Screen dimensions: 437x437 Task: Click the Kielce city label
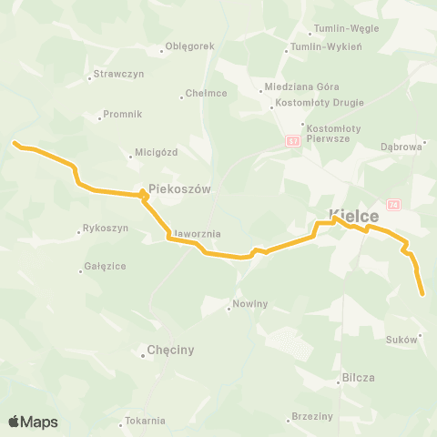[354, 216]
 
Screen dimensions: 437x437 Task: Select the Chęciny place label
[170, 350]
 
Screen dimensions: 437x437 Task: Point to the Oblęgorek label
[189, 46]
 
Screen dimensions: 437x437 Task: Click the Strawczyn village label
[114, 75]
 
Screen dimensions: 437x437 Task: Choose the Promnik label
[122, 115]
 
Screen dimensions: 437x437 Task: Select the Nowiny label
[249, 304]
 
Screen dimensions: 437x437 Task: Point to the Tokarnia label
[145, 421]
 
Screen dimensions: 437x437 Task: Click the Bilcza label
[359, 377]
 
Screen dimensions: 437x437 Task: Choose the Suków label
[401, 339]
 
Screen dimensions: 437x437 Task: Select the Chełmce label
[206, 93]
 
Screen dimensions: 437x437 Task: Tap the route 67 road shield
[292, 141]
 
